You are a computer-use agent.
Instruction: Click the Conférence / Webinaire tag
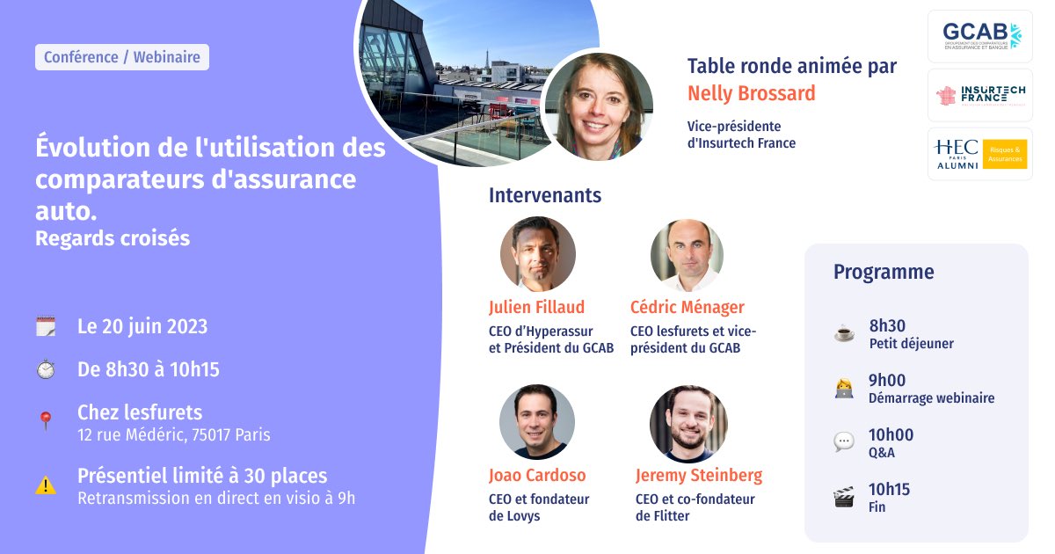[x=122, y=57]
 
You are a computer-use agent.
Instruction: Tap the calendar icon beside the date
[x=46, y=326]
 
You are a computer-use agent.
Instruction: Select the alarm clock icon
[x=46, y=370]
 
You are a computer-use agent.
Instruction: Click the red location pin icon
[x=46, y=420]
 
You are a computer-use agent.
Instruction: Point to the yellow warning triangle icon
[x=46, y=485]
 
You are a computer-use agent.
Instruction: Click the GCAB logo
[x=979, y=36]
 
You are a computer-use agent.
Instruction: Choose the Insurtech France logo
[x=979, y=95]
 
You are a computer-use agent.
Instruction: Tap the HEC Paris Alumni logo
[x=979, y=154]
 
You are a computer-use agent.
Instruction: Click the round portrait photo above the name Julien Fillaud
[x=538, y=254]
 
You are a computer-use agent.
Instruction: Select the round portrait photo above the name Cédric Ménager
[x=687, y=255]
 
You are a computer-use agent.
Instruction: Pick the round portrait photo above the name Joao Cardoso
[x=537, y=421]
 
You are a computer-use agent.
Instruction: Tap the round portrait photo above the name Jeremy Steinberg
[x=688, y=424]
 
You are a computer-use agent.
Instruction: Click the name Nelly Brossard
[x=751, y=93]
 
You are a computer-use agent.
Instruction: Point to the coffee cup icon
[x=843, y=334]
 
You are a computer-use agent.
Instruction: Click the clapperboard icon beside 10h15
[x=843, y=499]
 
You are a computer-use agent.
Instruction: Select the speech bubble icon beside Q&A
[x=843, y=442]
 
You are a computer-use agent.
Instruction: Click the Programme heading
[x=884, y=272]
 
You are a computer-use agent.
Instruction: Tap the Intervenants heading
[x=545, y=195]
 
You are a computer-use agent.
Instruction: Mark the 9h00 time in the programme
[x=887, y=381]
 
